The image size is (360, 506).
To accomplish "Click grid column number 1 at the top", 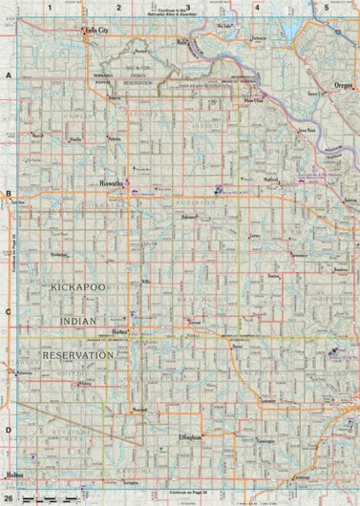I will pos(49,7).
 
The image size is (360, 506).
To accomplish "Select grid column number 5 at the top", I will pos(327,7).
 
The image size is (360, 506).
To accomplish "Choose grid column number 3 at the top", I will pos(188,7).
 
